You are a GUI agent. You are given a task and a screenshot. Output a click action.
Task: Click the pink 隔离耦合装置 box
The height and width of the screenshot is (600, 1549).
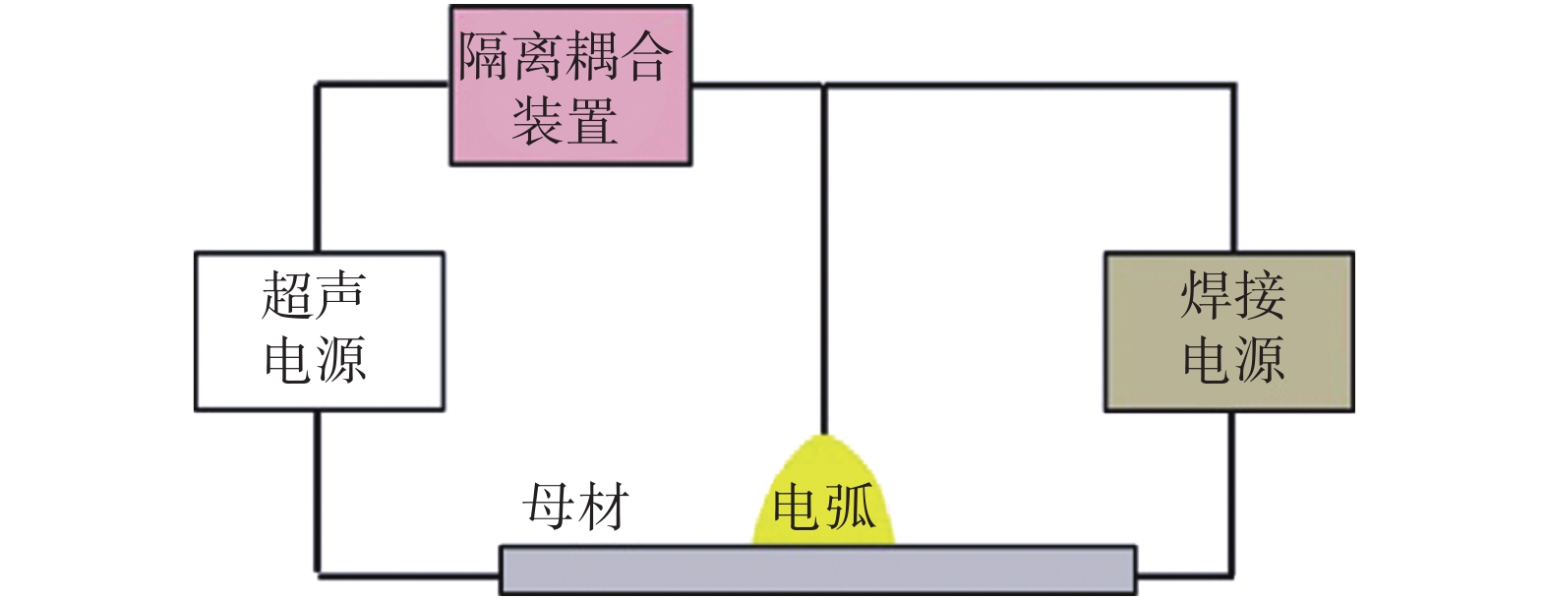570,86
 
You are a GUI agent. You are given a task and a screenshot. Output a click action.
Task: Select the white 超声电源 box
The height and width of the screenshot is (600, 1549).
319,330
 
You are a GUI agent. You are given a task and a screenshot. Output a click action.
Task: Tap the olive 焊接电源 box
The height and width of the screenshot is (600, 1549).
1228,330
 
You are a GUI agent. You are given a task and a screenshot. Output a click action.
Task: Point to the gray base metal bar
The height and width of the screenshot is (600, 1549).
816,570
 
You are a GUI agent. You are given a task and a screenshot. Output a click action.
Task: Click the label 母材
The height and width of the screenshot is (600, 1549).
575,508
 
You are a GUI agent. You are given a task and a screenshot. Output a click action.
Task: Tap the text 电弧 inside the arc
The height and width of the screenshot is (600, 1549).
824,508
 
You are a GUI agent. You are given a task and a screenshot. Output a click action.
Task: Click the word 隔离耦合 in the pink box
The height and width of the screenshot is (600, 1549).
566,56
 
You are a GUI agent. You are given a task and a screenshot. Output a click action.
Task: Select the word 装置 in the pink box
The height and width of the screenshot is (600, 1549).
565,121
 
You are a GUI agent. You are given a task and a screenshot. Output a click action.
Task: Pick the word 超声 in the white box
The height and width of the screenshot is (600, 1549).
314,294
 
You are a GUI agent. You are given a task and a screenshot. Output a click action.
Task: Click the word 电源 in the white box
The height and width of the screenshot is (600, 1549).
315,360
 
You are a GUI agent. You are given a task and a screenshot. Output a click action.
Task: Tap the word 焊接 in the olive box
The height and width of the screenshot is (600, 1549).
1232,294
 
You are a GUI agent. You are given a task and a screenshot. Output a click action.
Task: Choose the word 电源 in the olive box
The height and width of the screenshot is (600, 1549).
1232,360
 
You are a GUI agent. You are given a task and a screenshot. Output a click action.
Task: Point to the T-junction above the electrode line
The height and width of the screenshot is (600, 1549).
824,87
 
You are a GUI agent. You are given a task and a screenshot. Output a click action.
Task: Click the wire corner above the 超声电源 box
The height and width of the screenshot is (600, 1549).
318,87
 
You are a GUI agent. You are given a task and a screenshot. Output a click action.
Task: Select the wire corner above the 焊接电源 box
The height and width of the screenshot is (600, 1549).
1233,87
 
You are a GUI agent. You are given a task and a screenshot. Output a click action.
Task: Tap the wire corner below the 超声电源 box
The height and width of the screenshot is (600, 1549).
318,572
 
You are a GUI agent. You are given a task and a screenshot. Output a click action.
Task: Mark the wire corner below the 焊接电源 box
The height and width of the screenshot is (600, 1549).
1233,572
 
